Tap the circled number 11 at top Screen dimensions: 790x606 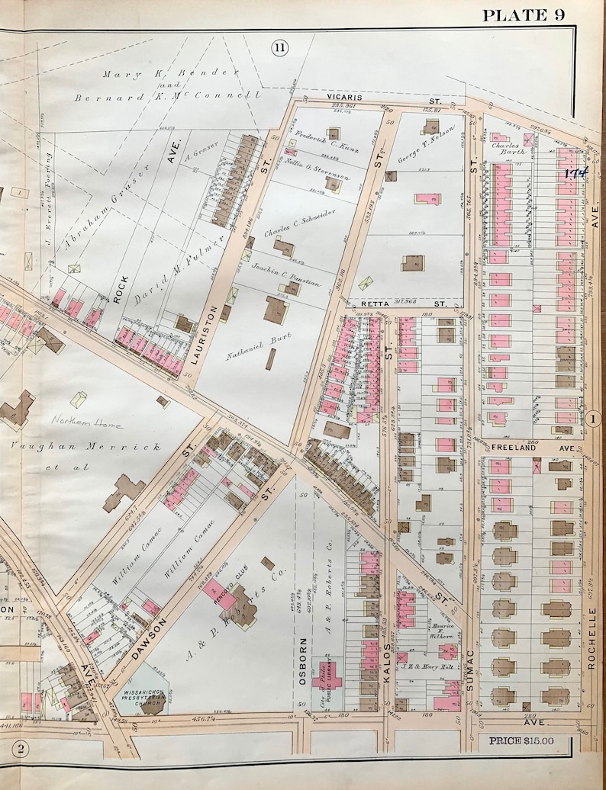pos(279,48)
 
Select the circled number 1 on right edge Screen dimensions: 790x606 pos(596,417)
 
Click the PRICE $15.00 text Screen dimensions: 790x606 pos(521,740)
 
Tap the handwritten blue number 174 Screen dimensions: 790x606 pos(575,173)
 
